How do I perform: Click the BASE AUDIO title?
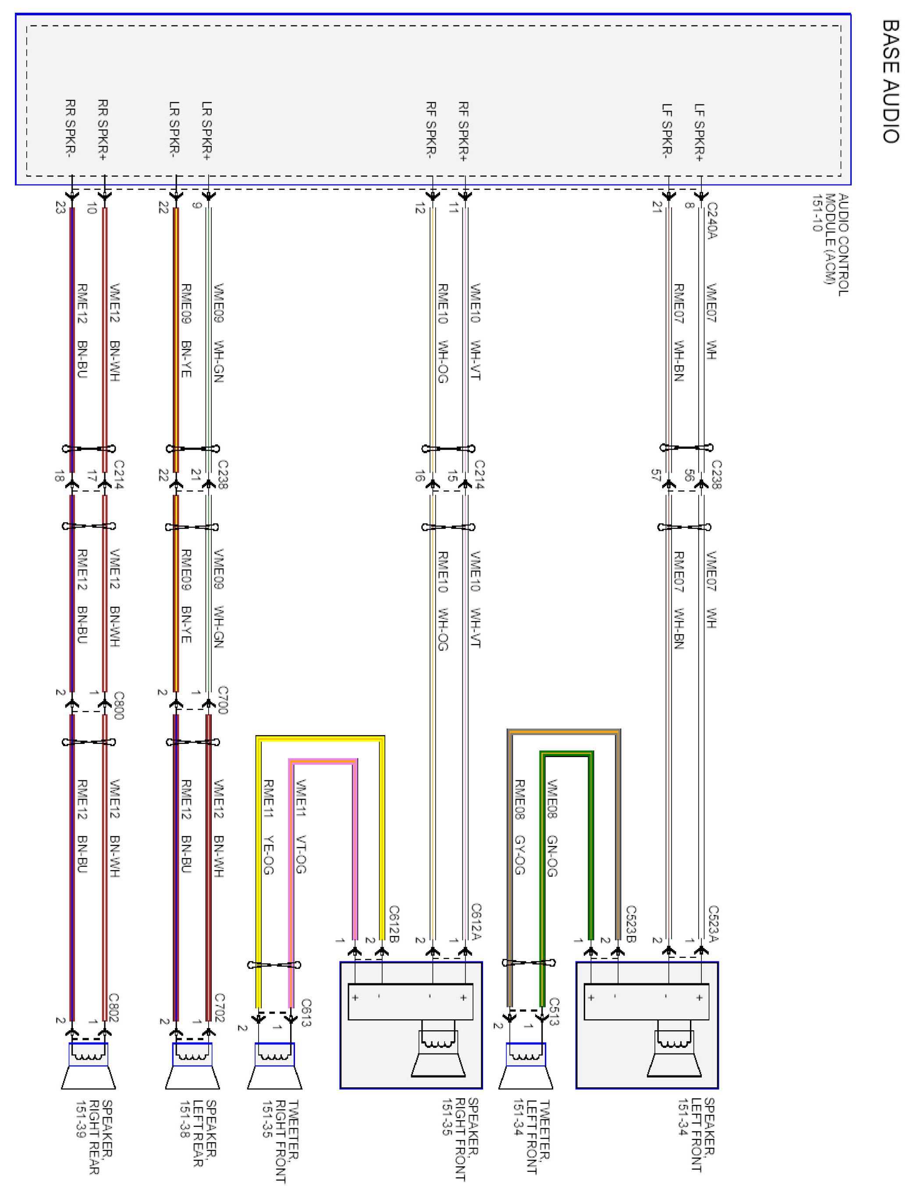coord(891,81)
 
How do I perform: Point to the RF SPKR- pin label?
coord(431,130)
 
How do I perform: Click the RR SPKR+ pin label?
coord(103,130)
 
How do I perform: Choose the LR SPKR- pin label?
coord(174,130)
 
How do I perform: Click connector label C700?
coord(223,700)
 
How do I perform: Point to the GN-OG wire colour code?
coord(552,856)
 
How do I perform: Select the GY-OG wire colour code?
coord(519,855)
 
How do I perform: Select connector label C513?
coord(554,1011)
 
